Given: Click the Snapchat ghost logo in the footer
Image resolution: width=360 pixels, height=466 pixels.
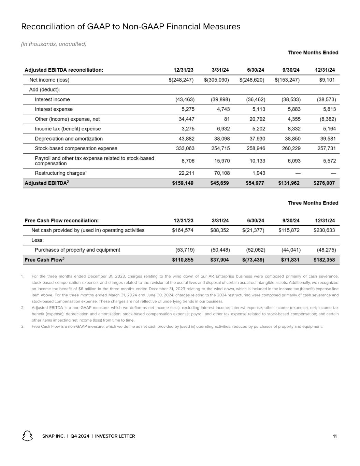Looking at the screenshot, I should point(27,436).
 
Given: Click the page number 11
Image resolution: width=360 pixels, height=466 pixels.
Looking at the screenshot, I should point(335,436).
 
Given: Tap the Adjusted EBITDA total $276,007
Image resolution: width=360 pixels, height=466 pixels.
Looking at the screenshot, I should point(324,183).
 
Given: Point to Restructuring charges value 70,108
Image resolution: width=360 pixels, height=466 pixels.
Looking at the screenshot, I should point(220,173).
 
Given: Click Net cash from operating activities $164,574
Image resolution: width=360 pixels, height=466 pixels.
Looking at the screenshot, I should point(183,230).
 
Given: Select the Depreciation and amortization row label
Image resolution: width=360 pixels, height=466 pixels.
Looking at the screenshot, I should point(69,139).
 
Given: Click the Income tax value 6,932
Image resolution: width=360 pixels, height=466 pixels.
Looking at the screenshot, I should point(222,129).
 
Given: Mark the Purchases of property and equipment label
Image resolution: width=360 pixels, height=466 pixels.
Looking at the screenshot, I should point(77,250).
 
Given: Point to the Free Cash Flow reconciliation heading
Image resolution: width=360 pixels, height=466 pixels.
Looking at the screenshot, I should point(61,221).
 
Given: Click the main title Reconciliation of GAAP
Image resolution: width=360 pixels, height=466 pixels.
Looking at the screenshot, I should point(131,27).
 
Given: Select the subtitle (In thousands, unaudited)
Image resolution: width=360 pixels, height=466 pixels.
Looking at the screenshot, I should point(54,44).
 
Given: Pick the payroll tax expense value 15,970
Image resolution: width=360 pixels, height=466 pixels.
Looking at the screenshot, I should point(220,161).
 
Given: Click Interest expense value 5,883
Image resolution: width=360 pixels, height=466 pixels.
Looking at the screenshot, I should point(292,109).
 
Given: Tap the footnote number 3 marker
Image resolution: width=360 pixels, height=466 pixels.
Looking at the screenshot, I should point(23,326).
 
